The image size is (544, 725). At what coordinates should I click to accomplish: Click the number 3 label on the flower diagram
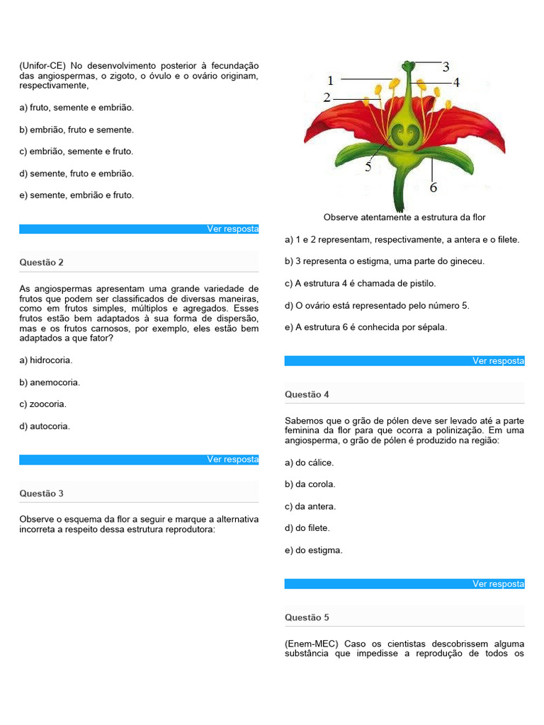[446, 67]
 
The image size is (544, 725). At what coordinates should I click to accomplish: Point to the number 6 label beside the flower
[433, 188]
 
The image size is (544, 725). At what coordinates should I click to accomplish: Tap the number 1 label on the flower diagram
[330, 81]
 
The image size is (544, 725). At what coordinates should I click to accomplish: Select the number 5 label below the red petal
[368, 167]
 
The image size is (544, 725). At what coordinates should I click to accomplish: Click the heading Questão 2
[42, 262]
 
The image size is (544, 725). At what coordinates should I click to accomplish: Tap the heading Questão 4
[307, 394]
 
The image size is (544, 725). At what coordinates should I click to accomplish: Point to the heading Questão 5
[307, 617]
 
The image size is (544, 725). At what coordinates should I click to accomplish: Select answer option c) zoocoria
[42, 404]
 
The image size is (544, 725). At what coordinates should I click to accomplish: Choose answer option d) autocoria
[45, 426]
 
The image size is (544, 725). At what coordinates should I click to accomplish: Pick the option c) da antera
[310, 506]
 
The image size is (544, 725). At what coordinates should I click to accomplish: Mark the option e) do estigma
[313, 550]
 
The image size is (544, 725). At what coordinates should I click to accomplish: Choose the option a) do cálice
[309, 462]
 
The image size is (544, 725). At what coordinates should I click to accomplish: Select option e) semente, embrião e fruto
[76, 195]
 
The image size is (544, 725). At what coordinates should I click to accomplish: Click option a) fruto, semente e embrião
[76, 108]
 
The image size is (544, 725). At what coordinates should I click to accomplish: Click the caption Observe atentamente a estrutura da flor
[404, 217]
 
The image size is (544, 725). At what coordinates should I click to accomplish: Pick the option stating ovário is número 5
[377, 305]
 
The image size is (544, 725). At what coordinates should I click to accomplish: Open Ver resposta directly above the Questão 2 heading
[232, 229]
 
